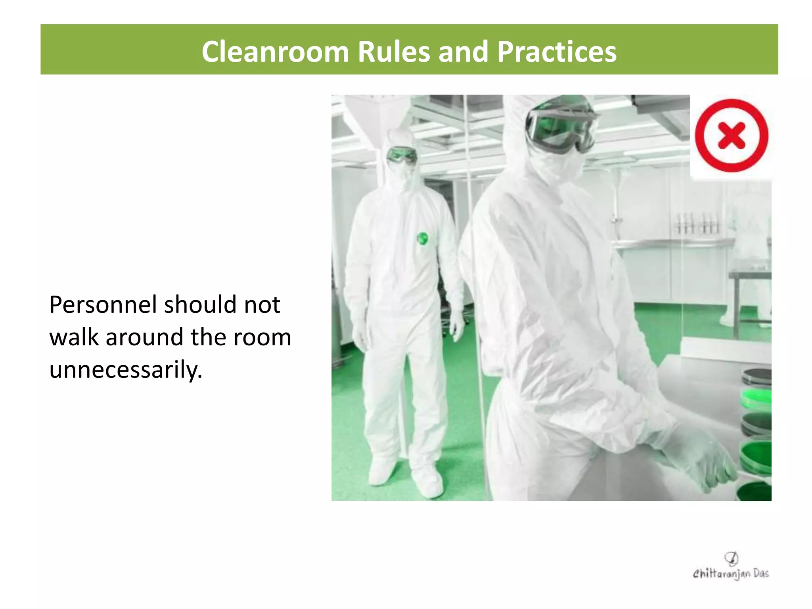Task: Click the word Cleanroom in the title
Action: pos(275,52)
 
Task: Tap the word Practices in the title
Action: pos(557,52)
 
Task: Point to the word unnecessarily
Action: pos(126,370)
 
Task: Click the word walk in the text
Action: pos(74,337)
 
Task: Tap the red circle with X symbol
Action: pos(731,136)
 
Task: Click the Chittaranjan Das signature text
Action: pos(730,573)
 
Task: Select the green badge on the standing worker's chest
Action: pos(423,239)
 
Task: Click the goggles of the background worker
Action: pos(402,155)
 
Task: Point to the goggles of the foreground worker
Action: pos(561,125)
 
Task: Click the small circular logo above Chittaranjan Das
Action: pos(731,558)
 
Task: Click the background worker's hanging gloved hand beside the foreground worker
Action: pos(457,325)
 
